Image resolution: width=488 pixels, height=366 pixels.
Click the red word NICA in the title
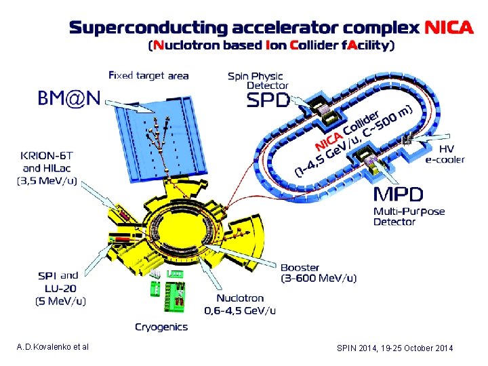(x=448, y=27)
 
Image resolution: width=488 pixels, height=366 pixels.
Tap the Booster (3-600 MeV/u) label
(x=319, y=272)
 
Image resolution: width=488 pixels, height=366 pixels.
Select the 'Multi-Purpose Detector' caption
(x=409, y=216)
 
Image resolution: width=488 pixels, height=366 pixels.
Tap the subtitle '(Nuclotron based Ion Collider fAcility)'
(x=271, y=46)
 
